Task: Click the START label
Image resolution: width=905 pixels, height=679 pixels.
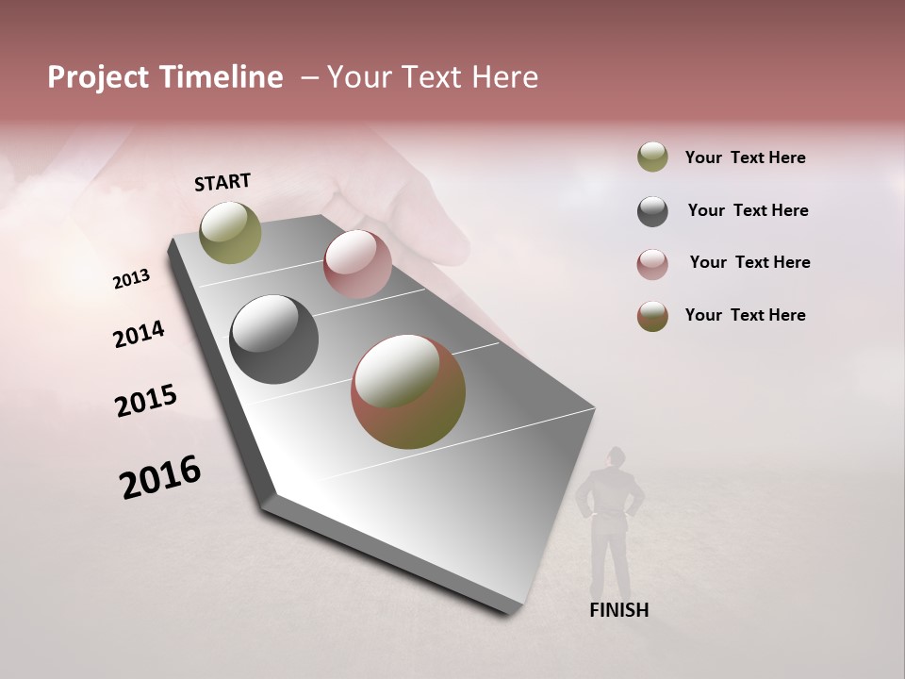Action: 222,182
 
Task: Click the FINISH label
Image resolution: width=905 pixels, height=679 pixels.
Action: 618,610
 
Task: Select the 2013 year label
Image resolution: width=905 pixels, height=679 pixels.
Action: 131,279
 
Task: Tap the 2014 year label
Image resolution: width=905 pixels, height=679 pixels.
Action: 139,335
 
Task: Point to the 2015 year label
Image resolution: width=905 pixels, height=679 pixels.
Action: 145,401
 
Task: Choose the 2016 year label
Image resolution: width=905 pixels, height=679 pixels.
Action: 160,477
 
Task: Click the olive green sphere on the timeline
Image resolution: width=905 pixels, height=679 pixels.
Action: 230,232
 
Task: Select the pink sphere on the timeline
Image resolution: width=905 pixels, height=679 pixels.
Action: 357,263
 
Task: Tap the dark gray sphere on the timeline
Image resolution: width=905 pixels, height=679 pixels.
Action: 273,339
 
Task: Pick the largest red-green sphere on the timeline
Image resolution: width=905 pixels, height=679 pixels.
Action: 408,391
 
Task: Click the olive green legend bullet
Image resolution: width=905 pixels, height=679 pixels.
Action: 652,157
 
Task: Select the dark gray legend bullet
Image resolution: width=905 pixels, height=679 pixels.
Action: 652,211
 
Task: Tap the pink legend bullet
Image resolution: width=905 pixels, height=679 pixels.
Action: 652,264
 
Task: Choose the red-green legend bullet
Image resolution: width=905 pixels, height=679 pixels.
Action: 652,316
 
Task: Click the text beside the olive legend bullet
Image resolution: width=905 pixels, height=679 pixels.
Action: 745,157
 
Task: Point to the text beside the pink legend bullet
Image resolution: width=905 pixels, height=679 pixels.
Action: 749,262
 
